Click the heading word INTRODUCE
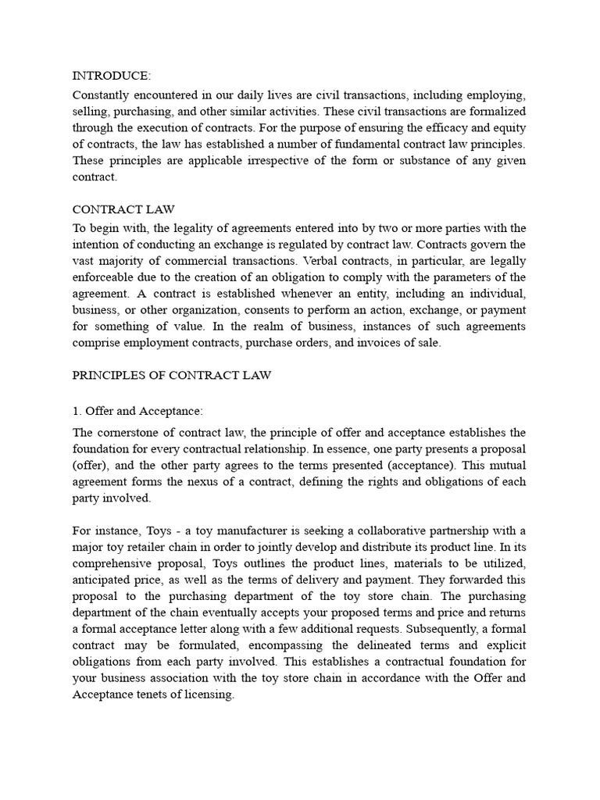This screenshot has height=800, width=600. [x=112, y=76]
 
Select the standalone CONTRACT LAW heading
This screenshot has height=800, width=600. [x=123, y=209]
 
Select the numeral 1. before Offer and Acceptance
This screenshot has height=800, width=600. [x=77, y=411]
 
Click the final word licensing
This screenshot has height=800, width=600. [x=208, y=695]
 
